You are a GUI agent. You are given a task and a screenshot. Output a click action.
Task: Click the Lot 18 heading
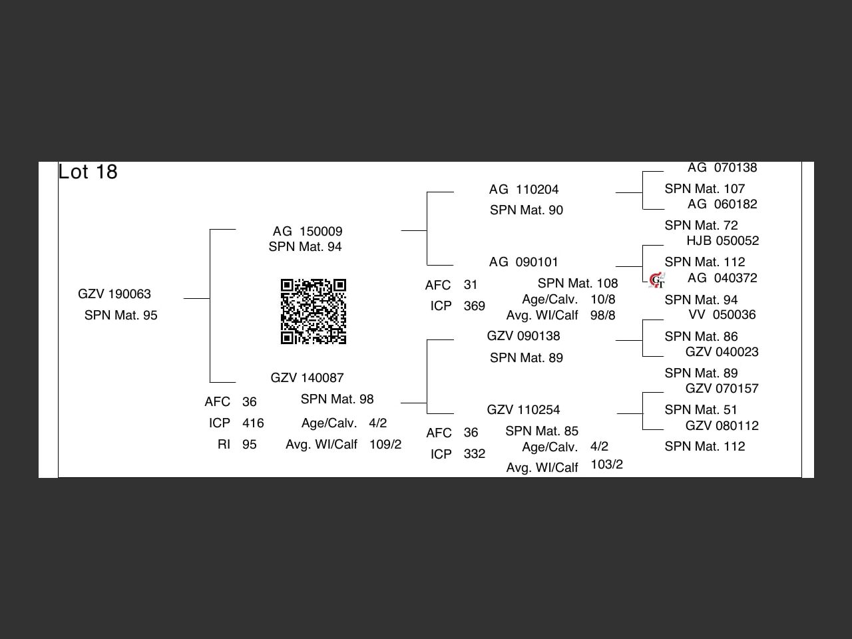pos(88,172)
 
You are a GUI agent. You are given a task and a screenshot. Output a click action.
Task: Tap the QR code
pos(314,312)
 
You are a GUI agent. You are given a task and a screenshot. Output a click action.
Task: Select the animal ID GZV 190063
pos(114,294)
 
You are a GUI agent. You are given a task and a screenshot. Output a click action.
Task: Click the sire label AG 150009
pos(308,232)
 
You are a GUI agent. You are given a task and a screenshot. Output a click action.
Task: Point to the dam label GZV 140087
pos(307,378)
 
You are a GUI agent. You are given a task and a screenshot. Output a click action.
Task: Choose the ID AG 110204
pos(524,190)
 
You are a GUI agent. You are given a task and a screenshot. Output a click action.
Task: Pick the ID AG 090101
pos(524,262)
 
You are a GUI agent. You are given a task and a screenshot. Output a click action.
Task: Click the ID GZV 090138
pos(523,336)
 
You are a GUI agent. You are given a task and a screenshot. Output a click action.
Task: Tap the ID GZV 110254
pos(523,410)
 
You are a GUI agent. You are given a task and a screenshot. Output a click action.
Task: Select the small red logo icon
pos(657,280)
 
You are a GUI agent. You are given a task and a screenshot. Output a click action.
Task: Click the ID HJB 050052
pos(723,241)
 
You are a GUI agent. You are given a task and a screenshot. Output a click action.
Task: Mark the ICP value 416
pos(253,423)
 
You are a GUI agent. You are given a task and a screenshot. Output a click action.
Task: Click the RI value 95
pos(250,445)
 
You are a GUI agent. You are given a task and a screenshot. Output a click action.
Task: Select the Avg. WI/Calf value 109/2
pos(385,445)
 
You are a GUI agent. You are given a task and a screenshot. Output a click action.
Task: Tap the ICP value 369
pos(475,306)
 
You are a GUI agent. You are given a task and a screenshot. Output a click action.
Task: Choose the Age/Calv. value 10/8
pos(603,300)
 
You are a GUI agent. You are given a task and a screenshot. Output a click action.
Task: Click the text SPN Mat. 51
pos(701,410)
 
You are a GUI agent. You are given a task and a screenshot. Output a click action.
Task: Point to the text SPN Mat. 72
pos(701,226)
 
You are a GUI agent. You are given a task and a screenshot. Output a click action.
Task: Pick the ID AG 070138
pos(722,168)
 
